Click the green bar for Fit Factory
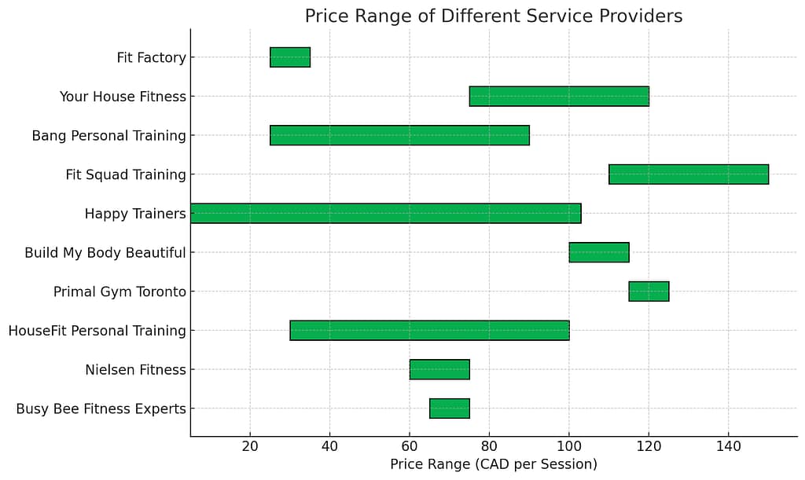[290, 57]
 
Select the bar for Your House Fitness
[559, 97]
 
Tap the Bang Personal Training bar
[399, 135]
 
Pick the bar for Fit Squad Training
[689, 174]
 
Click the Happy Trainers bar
[385, 214]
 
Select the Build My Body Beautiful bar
[599, 252]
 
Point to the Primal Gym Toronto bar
[649, 291]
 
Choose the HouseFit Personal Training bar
[429, 331]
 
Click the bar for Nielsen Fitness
[439, 369]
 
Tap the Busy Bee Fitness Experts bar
[450, 409]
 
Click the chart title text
[493, 16]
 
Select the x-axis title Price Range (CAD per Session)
[493, 464]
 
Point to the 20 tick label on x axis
[250, 445]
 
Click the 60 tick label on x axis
[410, 445]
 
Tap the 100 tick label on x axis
[568, 445]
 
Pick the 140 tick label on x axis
[728, 445]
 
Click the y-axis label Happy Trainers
[135, 214]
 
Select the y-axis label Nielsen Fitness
[135, 370]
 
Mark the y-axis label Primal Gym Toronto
[119, 291]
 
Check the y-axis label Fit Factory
[151, 58]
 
